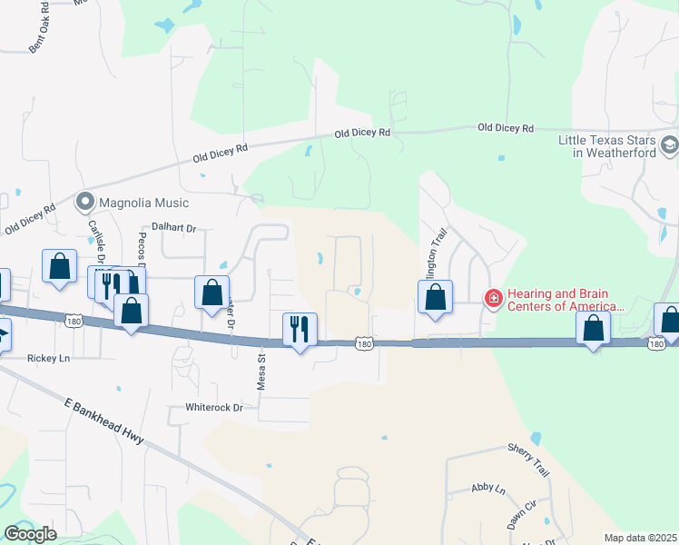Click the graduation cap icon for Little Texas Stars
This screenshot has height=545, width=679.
point(669,145)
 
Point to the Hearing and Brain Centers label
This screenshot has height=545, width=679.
point(564,300)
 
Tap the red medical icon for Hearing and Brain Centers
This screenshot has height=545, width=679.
point(493,297)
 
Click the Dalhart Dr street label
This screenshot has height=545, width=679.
point(174,229)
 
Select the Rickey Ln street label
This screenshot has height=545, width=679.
point(48,358)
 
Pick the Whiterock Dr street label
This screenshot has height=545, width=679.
point(214,408)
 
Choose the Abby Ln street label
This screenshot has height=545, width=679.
point(487,489)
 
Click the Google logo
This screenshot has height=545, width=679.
point(30,533)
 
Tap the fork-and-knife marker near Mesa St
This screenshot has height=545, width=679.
point(300,329)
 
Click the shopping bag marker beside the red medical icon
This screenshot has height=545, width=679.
point(435,297)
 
